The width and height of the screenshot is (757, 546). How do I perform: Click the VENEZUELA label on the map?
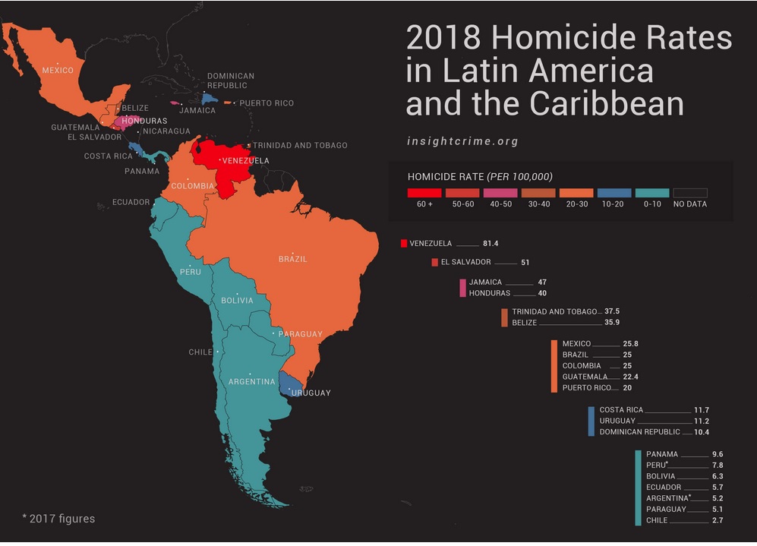246,160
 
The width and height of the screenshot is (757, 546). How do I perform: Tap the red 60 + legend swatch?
418,193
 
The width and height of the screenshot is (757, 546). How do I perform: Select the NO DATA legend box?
689,193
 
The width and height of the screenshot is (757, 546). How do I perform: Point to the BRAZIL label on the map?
293,259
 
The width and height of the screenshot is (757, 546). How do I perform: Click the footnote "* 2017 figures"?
58,519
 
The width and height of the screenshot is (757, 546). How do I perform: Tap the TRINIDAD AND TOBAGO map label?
300,145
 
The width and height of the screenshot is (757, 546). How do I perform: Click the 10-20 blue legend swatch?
613,193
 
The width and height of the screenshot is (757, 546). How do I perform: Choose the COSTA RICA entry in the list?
621,410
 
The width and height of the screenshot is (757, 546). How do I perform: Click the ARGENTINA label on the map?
251,381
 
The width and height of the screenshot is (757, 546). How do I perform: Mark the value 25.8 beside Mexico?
630,344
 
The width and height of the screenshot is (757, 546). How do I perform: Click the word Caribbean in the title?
604,104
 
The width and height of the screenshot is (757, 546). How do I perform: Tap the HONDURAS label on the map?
144,121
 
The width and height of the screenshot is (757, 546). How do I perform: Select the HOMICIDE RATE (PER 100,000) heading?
480,176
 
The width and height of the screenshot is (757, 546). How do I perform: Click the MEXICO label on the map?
58,71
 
